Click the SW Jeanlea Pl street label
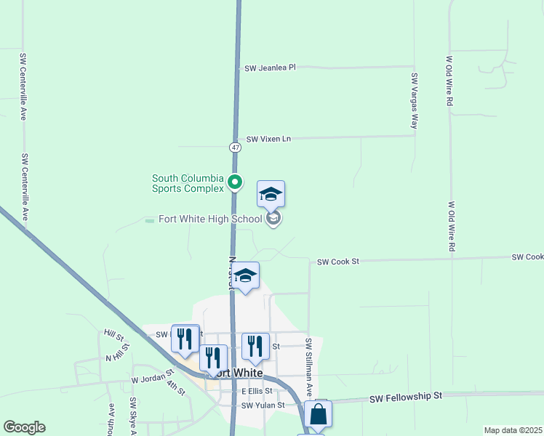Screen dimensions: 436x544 point(270,68)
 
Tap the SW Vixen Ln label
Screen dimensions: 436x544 point(268,139)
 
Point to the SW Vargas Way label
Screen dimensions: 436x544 point(414,101)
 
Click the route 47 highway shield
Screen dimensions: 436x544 point(235,147)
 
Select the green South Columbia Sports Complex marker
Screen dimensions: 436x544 point(235,182)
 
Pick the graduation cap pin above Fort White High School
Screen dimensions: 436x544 point(271,194)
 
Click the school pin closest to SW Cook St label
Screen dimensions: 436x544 point(246,275)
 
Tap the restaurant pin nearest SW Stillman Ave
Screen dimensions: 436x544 point(255,346)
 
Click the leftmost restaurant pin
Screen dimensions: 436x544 point(185,339)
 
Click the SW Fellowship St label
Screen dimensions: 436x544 point(406,397)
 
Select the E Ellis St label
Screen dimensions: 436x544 point(257,391)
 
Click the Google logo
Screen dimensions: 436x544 point(24,427)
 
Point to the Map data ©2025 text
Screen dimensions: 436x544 point(513,430)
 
